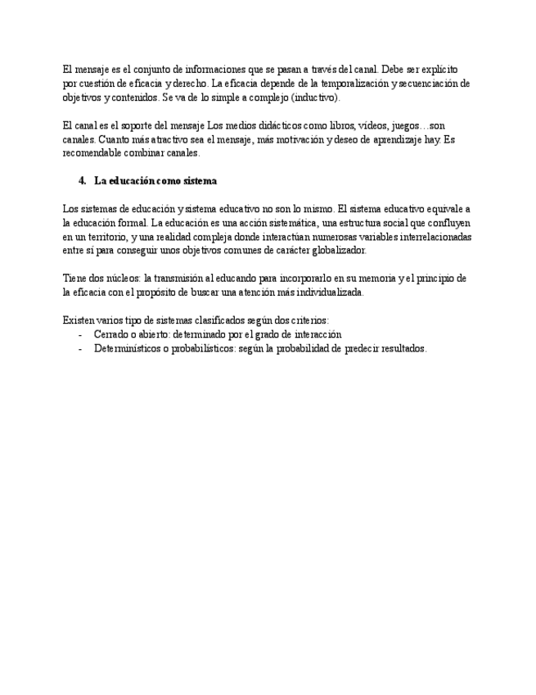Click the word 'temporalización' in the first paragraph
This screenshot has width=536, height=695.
(x=354, y=83)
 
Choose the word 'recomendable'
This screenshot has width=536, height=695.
(x=91, y=152)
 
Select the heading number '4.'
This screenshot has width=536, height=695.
(x=82, y=180)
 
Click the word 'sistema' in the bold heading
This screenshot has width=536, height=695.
(x=200, y=180)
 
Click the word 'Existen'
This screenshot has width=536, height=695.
(x=78, y=320)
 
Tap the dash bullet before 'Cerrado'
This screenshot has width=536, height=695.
(x=80, y=334)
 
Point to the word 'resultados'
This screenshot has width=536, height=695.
(x=400, y=348)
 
